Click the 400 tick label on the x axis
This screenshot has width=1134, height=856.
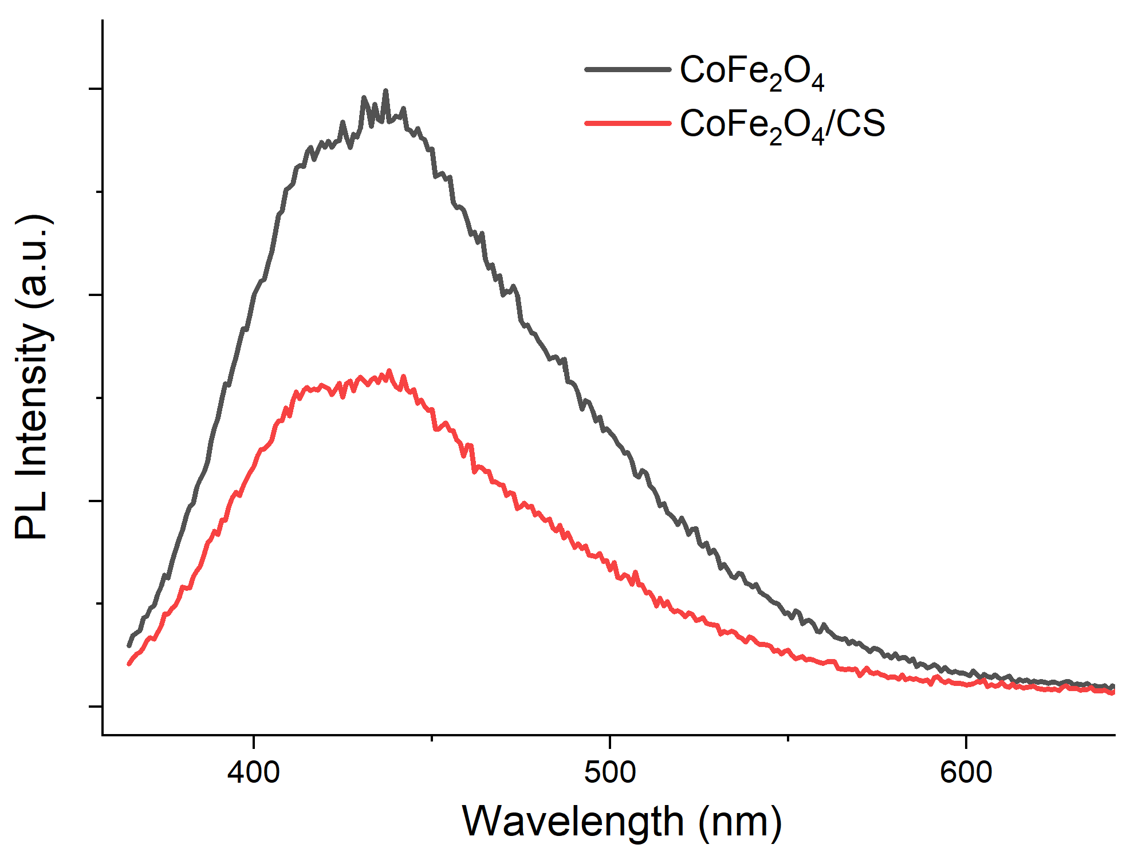coord(253,772)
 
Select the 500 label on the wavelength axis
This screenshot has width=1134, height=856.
coord(610,772)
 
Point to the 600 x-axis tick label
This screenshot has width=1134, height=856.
coord(966,772)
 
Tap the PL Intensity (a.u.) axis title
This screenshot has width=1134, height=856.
coord(33,377)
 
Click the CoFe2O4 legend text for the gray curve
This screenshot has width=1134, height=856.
coord(752,72)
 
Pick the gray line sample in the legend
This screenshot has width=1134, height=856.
coord(628,69)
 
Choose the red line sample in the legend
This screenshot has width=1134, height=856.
coord(628,123)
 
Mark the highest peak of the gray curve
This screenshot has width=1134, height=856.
coord(385,90)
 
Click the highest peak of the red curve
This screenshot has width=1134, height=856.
coord(389,371)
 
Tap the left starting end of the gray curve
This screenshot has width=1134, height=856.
coord(129,645)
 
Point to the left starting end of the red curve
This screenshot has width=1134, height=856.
coord(129,664)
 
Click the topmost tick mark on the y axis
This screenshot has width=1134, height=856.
coord(95,89)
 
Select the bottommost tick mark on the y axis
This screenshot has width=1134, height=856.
coord(95,707)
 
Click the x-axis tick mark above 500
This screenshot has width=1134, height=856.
coord(610,741)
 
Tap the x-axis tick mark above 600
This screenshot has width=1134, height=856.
coord(966,741)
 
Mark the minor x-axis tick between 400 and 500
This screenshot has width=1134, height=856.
coord(432,739)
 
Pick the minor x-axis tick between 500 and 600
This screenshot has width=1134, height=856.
coord(788,739)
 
